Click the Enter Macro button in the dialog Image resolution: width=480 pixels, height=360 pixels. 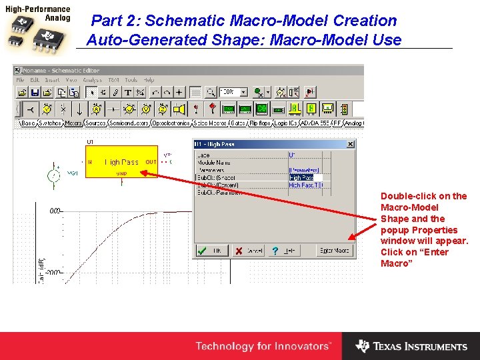[x=334, y=251]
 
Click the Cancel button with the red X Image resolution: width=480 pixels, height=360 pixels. [x=247, y=251]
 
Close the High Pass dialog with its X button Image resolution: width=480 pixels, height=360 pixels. [x=351, y=144]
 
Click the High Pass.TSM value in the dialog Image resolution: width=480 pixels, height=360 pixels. [x=305, y=185]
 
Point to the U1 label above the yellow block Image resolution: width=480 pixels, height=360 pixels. [x=91, y=142]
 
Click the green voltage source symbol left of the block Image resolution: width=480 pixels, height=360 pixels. [x=52, y=175]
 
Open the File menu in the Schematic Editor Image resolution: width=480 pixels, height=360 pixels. [x=21, y=80]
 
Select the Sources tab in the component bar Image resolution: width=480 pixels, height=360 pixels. [x=96, y=123]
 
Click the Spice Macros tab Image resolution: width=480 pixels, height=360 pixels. [x=209, y=123]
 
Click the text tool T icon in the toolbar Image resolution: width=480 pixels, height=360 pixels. [x=128, y=92]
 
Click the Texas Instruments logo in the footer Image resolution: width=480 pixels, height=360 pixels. [x=411, y=346]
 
